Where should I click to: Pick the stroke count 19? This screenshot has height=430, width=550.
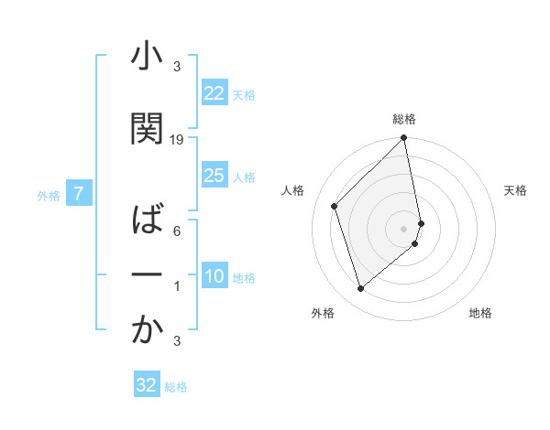(178, 139)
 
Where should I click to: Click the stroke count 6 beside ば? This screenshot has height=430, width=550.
(177, 231)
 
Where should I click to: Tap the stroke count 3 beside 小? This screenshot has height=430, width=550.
(177, 66)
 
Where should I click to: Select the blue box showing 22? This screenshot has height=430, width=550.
(214, 93)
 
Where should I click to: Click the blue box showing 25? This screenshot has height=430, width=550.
(214, 176)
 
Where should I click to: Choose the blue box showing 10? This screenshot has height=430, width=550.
(214, 277)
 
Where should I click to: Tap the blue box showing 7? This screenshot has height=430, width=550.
(80, 194)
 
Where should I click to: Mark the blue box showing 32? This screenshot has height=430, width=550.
(147, 385)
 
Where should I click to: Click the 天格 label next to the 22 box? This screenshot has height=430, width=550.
(244, 94)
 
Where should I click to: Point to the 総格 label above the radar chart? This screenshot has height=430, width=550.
(404, 119)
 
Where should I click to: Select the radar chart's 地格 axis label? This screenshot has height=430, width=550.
(480, 314)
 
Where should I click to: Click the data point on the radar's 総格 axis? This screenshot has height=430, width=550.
(404, 138)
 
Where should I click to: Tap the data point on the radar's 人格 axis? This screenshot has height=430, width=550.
(335, 206)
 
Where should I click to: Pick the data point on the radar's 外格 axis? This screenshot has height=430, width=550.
(361, 289)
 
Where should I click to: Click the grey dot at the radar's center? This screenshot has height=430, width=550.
(404, 228)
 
